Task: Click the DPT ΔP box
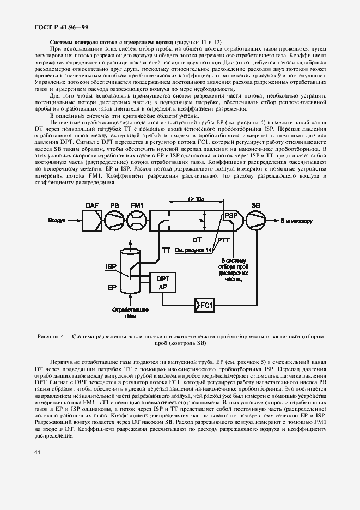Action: tap(163, 282)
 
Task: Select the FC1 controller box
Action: tap(205, 304)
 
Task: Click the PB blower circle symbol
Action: tap(114, 221)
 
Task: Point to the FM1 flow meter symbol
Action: tap(136, 221)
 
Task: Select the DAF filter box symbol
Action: tap(91, 221)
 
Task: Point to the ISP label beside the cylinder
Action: tap(110, 266)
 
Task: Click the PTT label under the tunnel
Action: tap(223, 240)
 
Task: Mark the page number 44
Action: tap(38, 452)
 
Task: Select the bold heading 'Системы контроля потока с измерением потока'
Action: tap(111, 42)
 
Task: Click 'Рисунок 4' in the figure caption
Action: tap(53, 337)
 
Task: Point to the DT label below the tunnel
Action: tap(197, 240)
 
